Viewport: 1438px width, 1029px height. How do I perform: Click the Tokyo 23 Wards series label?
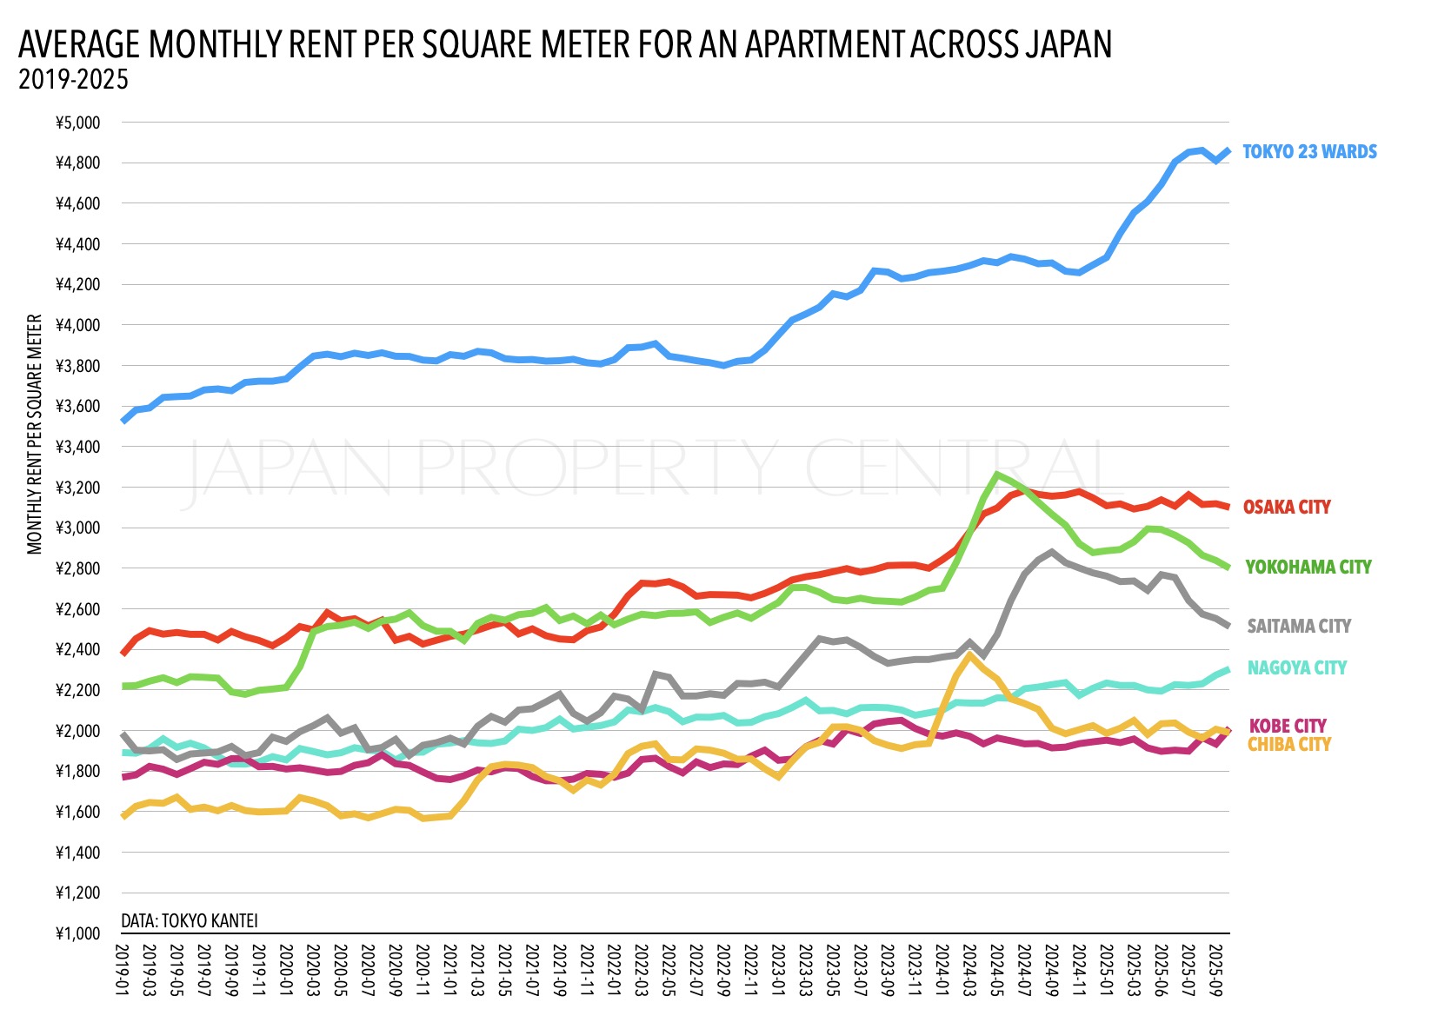click(x=1309, y=152)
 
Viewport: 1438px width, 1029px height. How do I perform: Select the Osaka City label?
click(x=1286, y=508)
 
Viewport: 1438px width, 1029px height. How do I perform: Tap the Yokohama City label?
click(x=1308, y=568)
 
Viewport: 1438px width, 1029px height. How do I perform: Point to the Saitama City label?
click(x=1299, y=627)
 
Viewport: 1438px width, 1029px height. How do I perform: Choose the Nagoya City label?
click(x=1296, y=668)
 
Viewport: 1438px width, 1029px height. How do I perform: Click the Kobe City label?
click(x=1288, y=726)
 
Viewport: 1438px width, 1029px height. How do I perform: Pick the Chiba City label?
click(x=1289, y=745)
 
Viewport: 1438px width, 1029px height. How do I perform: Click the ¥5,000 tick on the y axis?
click(x=78, y=123)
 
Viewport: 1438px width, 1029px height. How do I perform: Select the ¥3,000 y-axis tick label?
click(x=78, y=528)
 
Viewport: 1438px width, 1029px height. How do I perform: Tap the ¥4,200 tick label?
click(x=78, y=285)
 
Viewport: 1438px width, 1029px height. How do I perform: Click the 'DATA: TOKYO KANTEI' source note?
click(x=190, y=920)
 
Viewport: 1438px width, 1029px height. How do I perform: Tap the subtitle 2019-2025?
click(x=73, y=80)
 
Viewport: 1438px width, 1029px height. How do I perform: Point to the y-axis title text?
click(x=35, y=435)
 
